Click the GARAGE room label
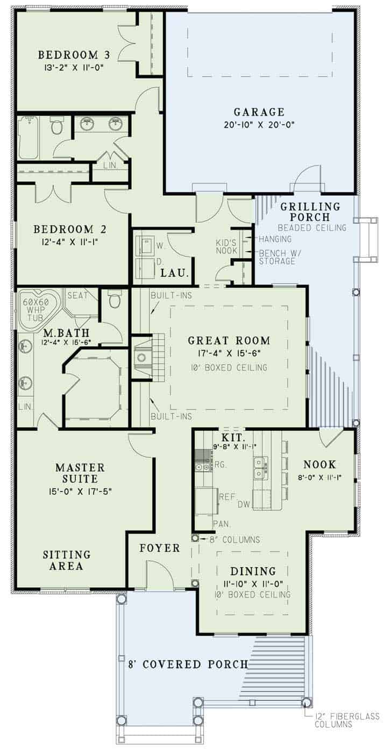pyautogui.click(x=259, y=112)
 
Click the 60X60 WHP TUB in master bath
pyautogui.click(x=36, y=308)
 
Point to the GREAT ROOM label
pyautogui.click(x=229, y=340)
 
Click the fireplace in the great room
pyautogui.click(x=142, y=358)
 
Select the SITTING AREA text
pyautogui.click(x=67, y=560)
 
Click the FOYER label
pyautogui.click(x=160, y=548)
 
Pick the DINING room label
pyautogui.click(x=253, y=571)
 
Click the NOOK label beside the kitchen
pyautogui.click(x=320, y=464)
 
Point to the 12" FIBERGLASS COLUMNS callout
pyautogui.click(x=347, y=720)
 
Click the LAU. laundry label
pyautogui.click(x=175, y=274)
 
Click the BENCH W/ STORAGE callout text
pyautogui.click(x=276, y=257)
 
